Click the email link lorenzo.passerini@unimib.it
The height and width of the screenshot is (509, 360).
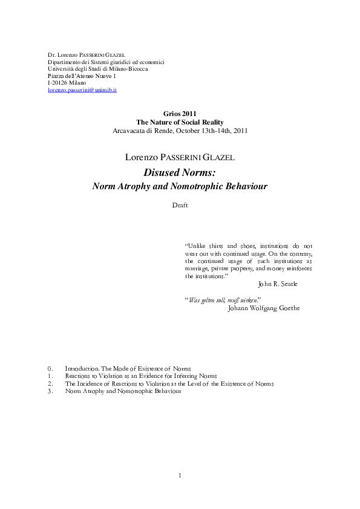[x=82, y=89]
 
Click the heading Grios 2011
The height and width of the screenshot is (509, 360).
[x=180, y=114]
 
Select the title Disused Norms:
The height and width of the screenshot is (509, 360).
[x=180, y=172]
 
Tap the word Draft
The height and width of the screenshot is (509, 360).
[x=180, y=205]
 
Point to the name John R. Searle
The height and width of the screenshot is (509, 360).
[x=277, y=284]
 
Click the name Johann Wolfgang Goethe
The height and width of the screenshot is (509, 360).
[x=264, y=308]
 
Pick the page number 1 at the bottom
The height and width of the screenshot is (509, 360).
[x=180, y=476]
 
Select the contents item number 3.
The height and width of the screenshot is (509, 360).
[x=50, y=391]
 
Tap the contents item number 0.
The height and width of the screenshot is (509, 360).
[x=50, y=368]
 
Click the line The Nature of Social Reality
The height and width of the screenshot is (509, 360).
[x=180, y=122]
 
